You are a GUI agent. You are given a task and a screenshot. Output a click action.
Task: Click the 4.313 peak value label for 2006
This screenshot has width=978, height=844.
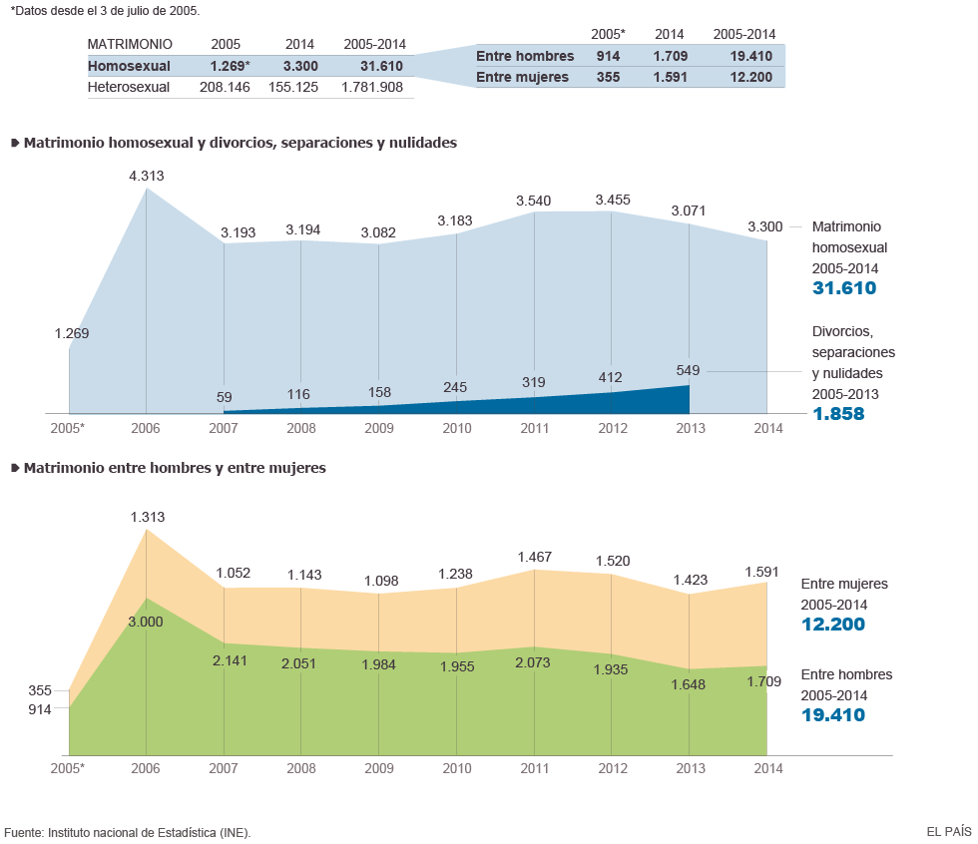tap(146, 177)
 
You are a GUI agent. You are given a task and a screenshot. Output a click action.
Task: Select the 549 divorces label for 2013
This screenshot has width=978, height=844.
tap(689, 370)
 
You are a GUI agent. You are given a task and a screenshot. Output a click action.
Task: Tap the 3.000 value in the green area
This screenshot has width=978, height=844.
tap(146, 621)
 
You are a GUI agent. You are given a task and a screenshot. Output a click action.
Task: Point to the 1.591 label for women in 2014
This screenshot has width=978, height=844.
tap(766, 571)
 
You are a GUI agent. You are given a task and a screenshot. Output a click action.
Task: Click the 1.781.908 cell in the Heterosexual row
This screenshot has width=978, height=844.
tap(372, 87)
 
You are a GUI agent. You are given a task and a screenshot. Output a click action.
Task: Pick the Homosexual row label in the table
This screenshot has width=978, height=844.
tap(129, 66)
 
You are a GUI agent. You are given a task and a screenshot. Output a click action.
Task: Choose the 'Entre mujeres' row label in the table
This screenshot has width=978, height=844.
tap(522, 77)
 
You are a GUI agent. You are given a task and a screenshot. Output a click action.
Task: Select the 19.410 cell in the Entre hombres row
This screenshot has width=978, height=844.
tap(750, 56)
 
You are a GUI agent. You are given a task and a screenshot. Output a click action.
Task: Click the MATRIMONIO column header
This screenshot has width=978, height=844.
tap(130, 44)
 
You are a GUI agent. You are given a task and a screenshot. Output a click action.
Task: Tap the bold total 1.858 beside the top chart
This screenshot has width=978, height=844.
tap(838, 413)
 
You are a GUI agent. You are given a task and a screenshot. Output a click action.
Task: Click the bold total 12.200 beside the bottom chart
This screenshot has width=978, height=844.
tap(832, 625)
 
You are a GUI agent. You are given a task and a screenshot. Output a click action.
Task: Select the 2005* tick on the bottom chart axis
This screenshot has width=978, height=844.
tap(68, 768)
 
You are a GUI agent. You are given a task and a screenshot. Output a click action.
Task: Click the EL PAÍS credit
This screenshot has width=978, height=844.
tap(948, 830)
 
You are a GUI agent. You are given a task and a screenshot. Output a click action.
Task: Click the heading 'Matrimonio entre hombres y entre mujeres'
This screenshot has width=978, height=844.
tap(175, 467)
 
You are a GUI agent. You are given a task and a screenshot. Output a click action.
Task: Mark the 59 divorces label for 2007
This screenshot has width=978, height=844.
tap(225, 398)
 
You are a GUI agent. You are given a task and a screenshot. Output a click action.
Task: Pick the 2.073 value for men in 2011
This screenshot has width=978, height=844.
tap(534, 662)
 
